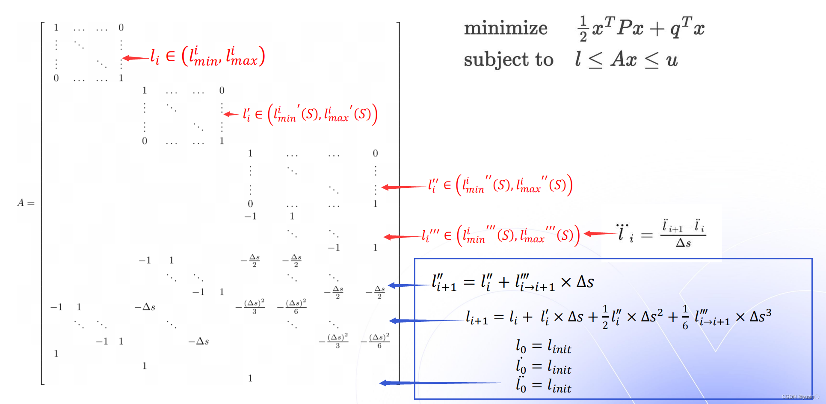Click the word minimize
pyautogui.click(x=506, y=28)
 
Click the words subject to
pyautogui.click(x=509, y=59)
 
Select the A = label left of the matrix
pyautogui.click(x=26, y=203)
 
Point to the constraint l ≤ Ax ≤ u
pyautogui.click(x=626, y=59)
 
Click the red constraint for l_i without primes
pyautogui.click(x=208, y=57)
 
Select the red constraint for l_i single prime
pyautogui.click(x=310, y=114)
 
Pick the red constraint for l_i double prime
pyautogui.click(x=500, y=185)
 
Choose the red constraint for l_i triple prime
pyautogui.click(x=500, y=235)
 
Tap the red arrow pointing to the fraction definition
pyautogui.click(x=600, y=234)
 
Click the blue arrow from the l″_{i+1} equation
pyautogui.click(x=409, y=285)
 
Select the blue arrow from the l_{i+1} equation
pyautogui.click(x=426, y=321)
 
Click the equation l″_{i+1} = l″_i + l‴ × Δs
pyautogui.click(x=512, y=282)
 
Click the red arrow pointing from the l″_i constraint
pyautogui.click(x=404, y=187)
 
